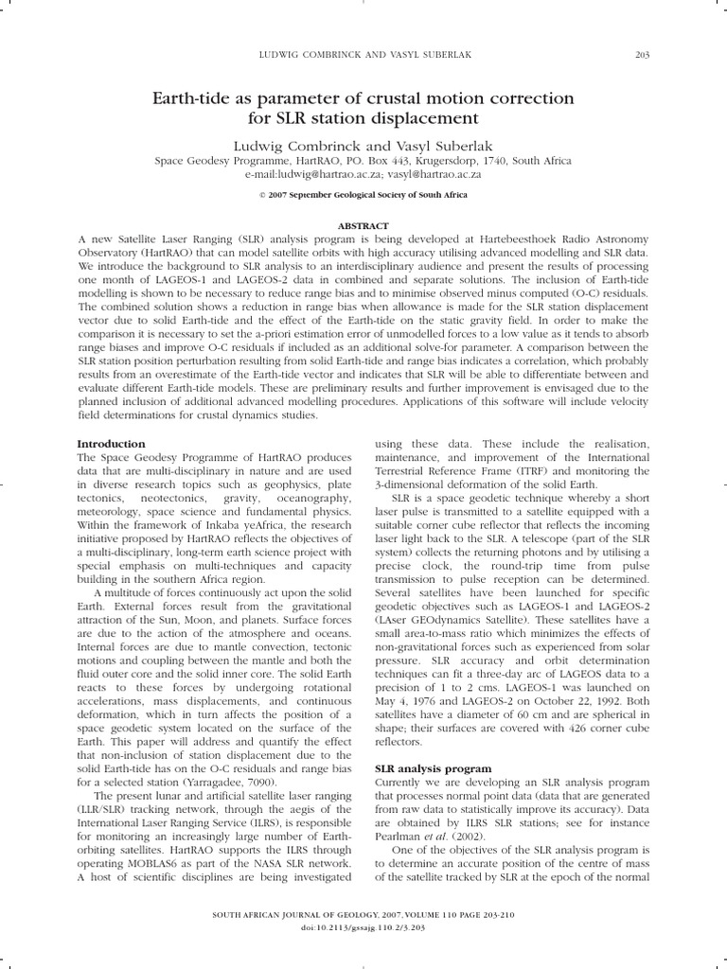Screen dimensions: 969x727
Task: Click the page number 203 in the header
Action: coord(641,54)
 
